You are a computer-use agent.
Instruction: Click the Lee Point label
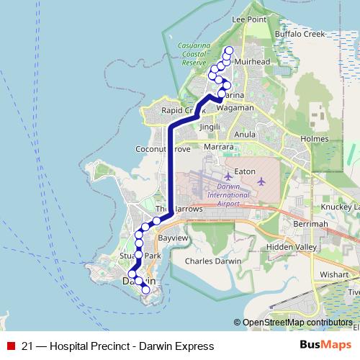(x=248, y=20)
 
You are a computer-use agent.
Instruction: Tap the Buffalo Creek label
(x=310, y=34)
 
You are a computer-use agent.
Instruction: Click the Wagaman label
(x=235, y=107)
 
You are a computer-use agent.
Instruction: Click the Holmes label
(x=314, y=138)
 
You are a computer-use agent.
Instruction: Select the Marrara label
(x=219, y=146)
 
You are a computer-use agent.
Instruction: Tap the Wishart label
(x=336, y=274)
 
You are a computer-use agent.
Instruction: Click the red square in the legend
(x=10, y=346)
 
